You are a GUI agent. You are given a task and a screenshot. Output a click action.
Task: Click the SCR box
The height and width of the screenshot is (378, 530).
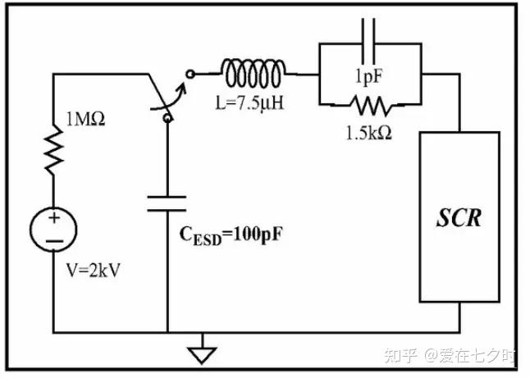click(459, 218)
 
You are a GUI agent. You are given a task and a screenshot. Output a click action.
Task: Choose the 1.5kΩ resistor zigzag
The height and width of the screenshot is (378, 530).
click(372, 105)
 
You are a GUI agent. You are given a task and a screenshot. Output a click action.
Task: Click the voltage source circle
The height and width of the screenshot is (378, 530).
click(53, 230)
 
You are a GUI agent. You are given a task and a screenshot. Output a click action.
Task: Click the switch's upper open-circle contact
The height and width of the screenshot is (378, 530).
click(191, 73)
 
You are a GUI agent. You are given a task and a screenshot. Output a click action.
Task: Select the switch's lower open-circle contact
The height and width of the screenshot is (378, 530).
click(168, 118)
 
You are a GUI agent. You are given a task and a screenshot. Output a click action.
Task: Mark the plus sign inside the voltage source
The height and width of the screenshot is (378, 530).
click(54, 218)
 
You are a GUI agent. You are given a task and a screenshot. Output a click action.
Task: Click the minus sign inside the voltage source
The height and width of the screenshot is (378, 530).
click(53, 241)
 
